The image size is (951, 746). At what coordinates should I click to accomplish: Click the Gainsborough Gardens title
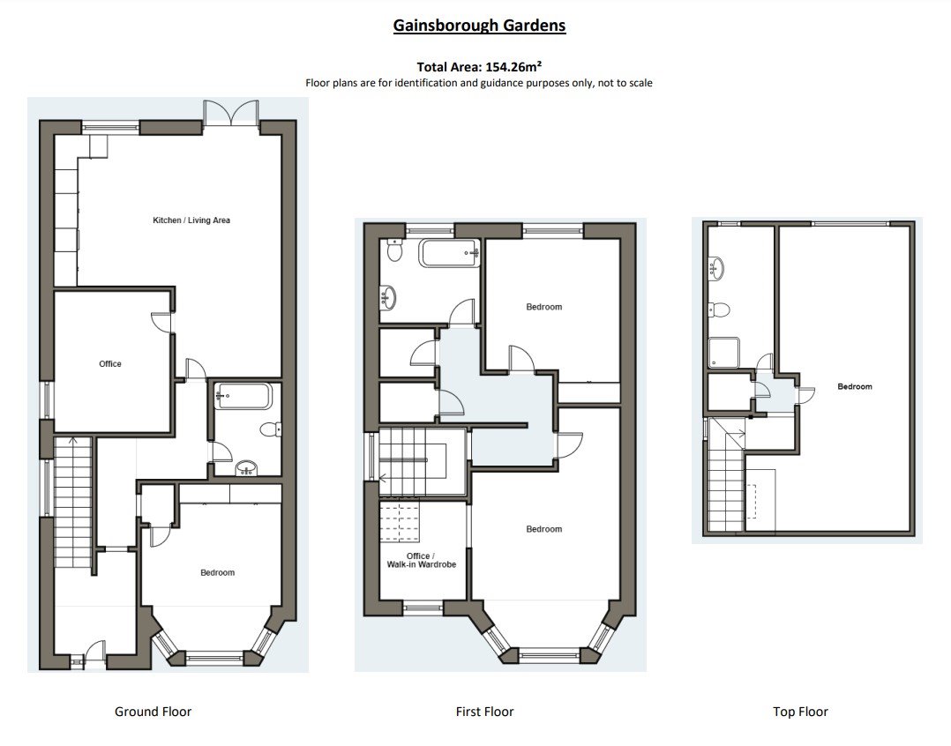(x=479, y=25)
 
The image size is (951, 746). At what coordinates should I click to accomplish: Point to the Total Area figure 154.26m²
(x=479, y=66)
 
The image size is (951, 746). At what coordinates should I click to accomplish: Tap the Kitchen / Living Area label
(x=191, y=220)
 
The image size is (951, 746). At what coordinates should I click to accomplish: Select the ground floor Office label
(x=110, y=363)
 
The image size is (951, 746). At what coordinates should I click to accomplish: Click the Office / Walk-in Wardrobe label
(x=422, y=559)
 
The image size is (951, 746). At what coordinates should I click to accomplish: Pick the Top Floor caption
(x=800, y=712)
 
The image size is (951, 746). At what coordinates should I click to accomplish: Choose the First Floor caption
(x=484, y=712)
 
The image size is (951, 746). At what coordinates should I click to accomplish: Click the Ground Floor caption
(x=153, y=712)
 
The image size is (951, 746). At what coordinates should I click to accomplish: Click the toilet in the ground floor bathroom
(x=271, y=430)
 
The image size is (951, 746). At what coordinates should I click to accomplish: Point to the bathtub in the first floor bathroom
(x=449, y=253)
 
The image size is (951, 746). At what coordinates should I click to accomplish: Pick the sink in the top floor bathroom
(x=716, y=266)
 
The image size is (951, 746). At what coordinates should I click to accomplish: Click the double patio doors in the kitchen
(x=231, y=114)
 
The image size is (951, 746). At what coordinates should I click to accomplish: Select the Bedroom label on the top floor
(x=854, y=386)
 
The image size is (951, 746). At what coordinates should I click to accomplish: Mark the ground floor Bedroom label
(x=217, y=572)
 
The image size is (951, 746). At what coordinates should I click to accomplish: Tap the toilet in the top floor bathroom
(x=719, y=309)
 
